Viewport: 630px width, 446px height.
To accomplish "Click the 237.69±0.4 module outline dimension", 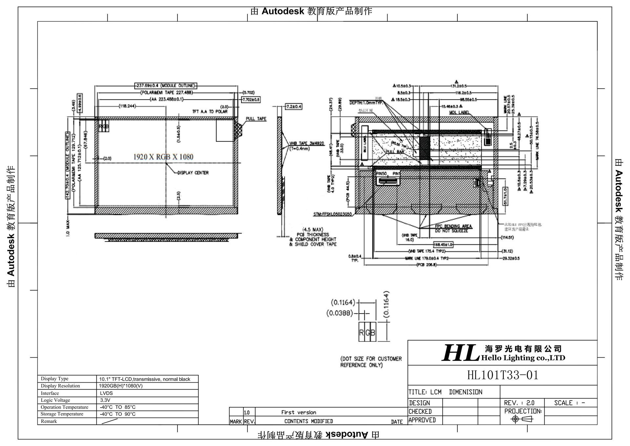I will (x=166, y=86).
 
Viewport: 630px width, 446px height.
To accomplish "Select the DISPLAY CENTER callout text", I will (x=193, y=173).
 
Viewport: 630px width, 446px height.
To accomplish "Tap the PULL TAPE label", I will (x=256, y=119).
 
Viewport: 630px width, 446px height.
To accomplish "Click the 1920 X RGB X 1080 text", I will (x=163, y=157).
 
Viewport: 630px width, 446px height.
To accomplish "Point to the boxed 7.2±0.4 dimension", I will (x=293, y=107).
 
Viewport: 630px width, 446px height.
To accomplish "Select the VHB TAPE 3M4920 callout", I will (x=306, y=144).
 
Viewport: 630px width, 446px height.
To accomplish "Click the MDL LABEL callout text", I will (x=459, y=112).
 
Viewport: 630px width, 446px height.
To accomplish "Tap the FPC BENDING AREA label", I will (x=453, y=226).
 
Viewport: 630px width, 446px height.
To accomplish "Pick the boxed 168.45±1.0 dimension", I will (x=443, y=245).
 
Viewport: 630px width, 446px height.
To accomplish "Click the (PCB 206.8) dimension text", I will (x=427, y=265).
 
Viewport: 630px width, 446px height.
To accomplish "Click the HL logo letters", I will (x=461, y=353).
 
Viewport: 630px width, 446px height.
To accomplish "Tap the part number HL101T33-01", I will (x=503, y=375).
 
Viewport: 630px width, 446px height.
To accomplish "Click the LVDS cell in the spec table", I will (x=106, y=393).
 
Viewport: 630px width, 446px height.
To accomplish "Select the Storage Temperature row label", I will (x=62, y=414).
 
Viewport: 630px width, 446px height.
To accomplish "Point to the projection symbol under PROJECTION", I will (x=522, y=419).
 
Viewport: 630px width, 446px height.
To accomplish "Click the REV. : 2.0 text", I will (x=519, y=403).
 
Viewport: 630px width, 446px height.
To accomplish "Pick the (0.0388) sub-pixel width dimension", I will (x=339, y=313).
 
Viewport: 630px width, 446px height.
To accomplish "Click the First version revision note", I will (x=299, y=413).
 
